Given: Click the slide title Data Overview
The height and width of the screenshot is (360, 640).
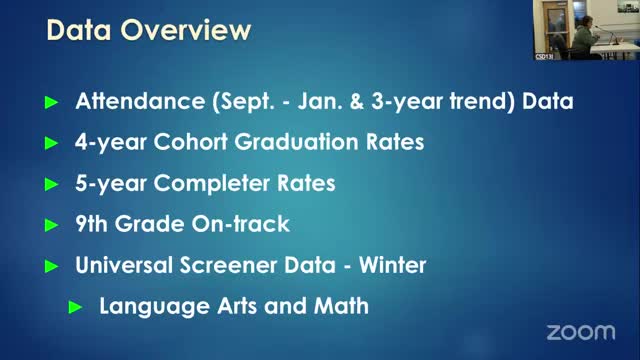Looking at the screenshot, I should point(149,32).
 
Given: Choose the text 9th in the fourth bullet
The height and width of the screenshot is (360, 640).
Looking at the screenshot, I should point(96,224).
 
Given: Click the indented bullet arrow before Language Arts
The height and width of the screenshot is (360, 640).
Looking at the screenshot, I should point(76,307).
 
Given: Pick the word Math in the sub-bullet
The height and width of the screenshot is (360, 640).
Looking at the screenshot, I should point(342,306).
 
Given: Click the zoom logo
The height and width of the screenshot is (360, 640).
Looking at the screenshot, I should point(581,331).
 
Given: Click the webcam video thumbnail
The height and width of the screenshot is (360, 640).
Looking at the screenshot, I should point(584,30).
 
